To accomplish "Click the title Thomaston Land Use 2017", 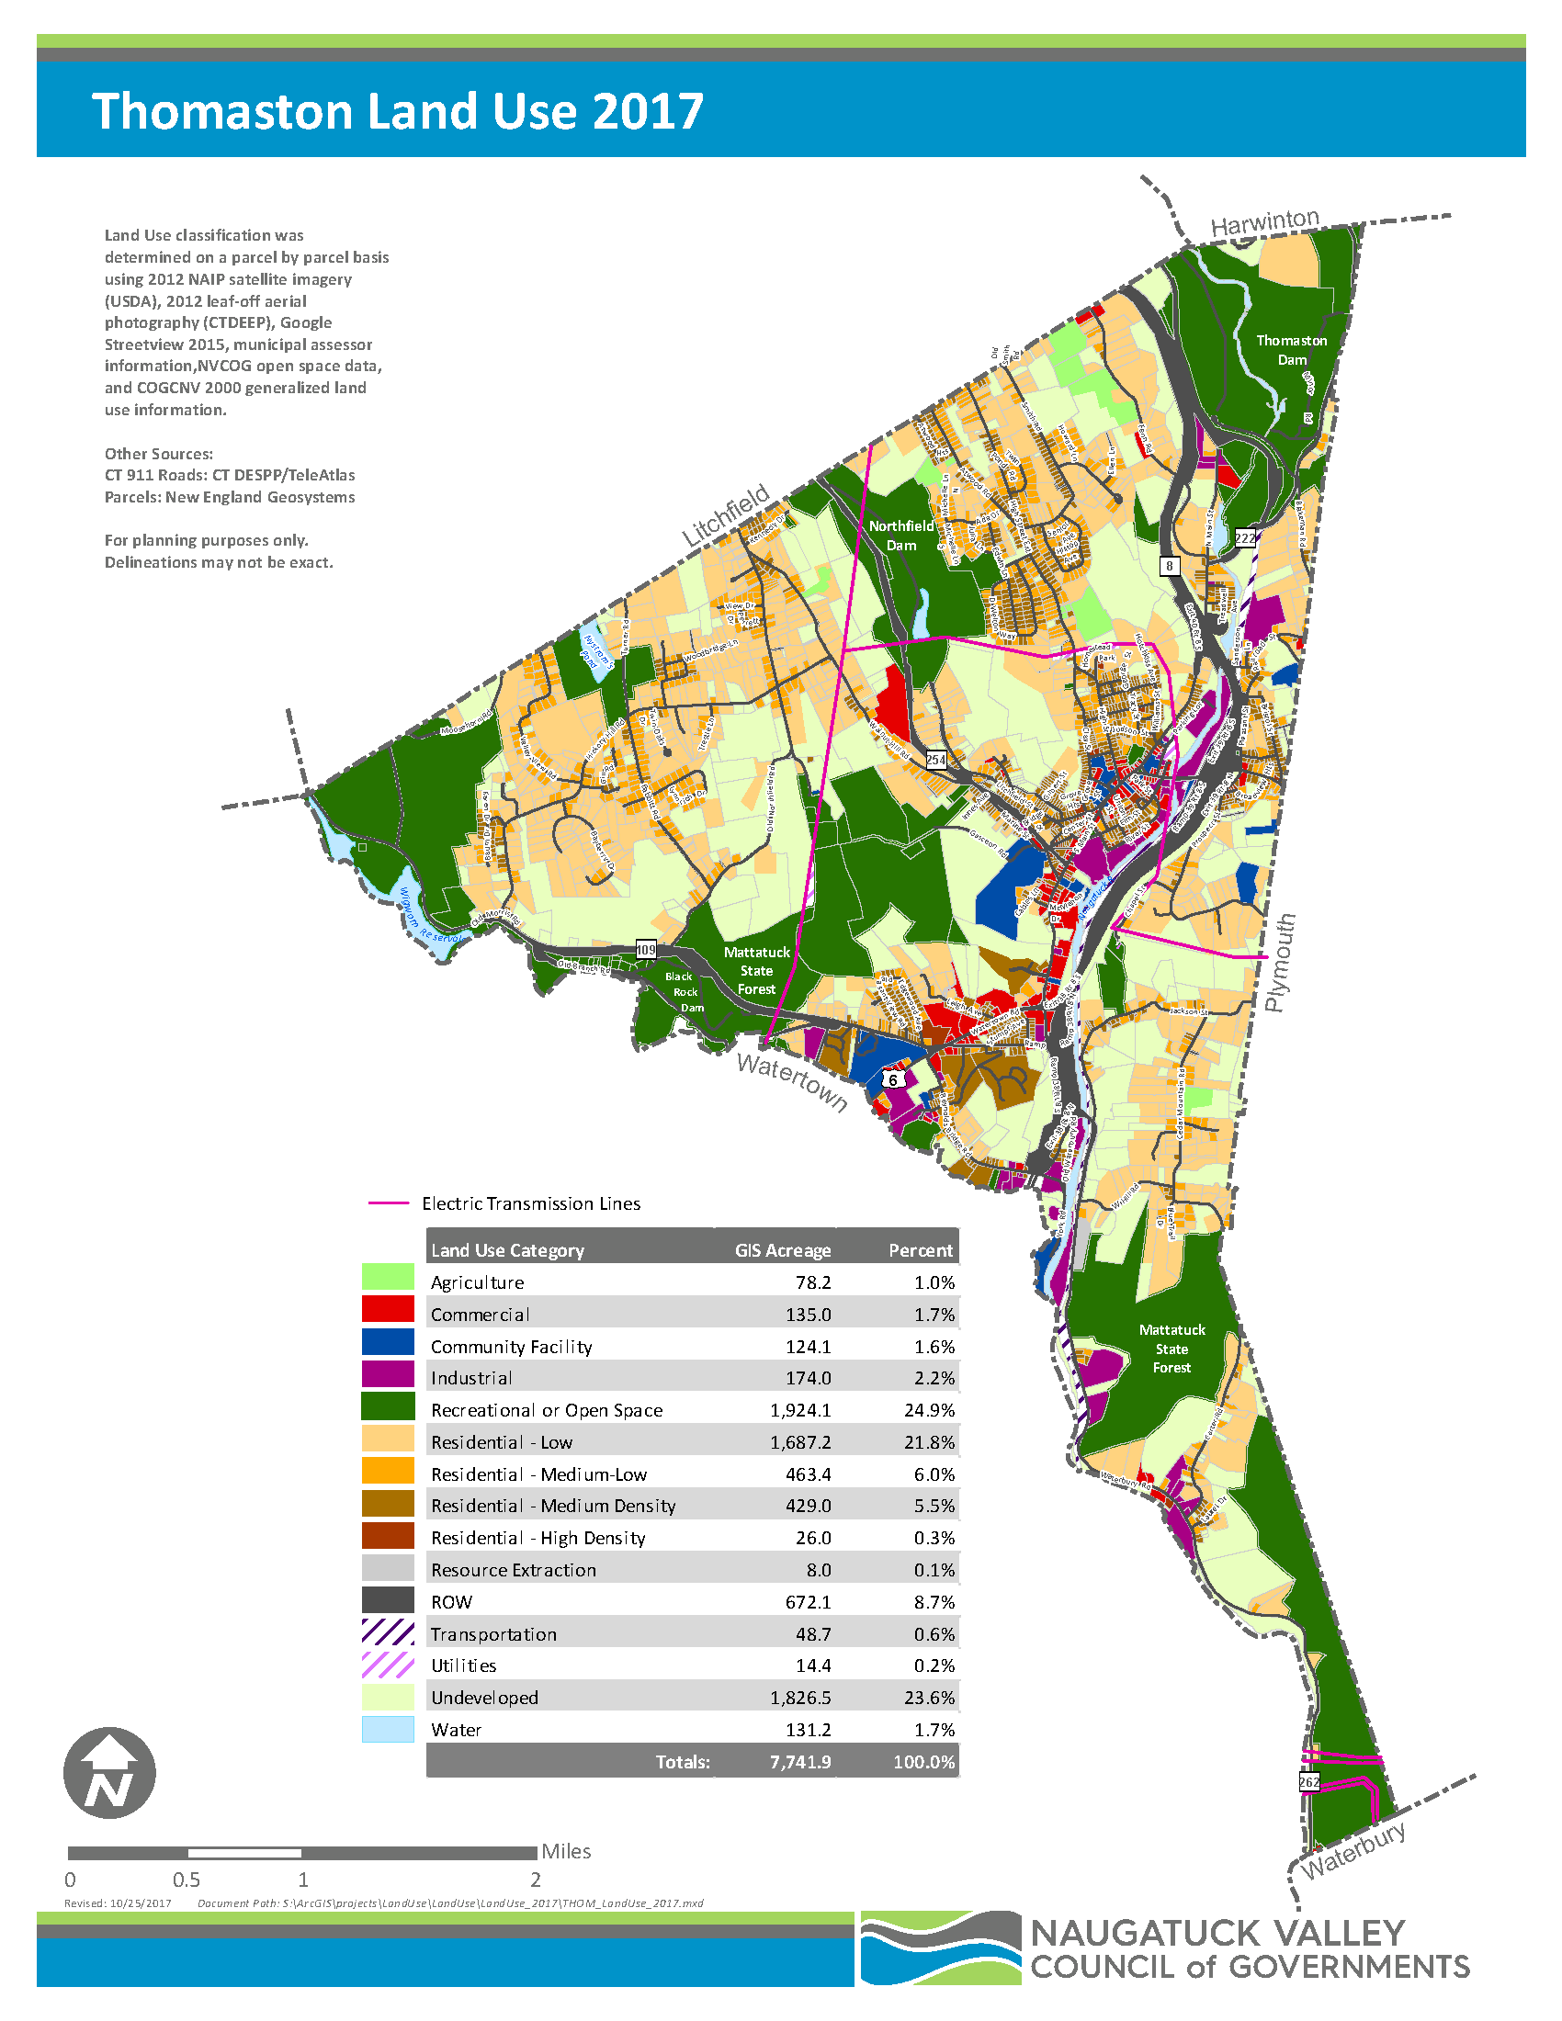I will tap(398, 111).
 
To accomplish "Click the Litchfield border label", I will tap(726, 515).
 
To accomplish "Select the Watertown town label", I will tap(792, 1081).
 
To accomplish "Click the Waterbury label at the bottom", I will tap(1353, 1850).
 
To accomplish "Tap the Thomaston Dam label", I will tap(1291, 350).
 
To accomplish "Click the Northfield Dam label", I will tap(900, 535).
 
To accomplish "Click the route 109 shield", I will tap(645, 950).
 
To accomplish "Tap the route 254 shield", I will tap(936, 760).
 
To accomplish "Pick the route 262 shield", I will tap(1308, 1781).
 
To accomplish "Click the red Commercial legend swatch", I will tap(388, 1308).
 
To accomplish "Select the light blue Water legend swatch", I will tap(388, 1729).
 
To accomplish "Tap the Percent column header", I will tap(920, 1250).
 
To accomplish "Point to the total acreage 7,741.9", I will tap(799, 1761).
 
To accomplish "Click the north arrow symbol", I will tap(109, 1772).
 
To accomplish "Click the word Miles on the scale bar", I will tap(565, 1851).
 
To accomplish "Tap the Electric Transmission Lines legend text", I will tap(530, 1203).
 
